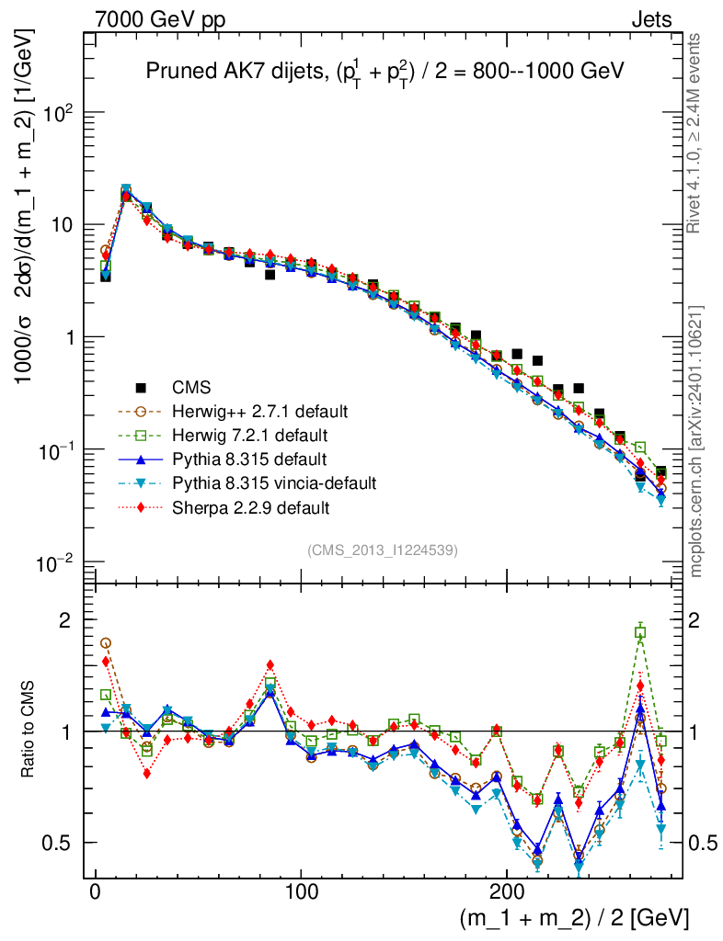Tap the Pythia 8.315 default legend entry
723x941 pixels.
[x=248, y=459]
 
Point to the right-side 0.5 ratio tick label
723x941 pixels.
[x=705, y=844]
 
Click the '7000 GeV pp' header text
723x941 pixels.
[x=159, y=18]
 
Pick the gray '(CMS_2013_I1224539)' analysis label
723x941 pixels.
[x=383, y=550]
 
